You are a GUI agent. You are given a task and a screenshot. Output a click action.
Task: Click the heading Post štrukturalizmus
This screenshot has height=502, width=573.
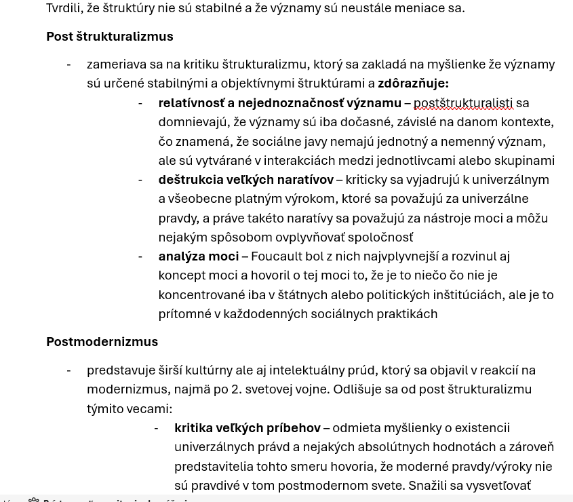click(x=109, y=36)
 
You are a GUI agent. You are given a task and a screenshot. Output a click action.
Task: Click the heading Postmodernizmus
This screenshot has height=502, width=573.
click(x=102, y=341)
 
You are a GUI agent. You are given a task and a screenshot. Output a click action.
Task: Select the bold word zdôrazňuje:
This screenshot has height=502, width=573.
click(x=413, y=83)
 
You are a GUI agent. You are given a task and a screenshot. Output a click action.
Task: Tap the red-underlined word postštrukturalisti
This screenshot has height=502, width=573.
click(x=462, y=103)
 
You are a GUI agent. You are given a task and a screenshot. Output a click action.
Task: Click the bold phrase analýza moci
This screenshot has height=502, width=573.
click(x=198, y=256)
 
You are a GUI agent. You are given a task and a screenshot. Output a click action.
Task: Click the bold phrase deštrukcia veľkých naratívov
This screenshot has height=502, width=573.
click(x=245, y=180)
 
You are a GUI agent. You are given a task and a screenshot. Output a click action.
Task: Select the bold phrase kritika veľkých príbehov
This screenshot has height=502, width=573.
click(x=247, y=428)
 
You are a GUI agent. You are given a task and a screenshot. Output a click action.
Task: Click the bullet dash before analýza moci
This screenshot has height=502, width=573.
click(x=140, y=256)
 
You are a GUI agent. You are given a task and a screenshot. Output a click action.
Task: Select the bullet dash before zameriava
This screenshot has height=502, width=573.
click(x=68, y=64)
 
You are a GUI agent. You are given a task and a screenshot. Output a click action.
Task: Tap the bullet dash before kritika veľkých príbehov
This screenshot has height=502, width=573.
click(x=156, y=428)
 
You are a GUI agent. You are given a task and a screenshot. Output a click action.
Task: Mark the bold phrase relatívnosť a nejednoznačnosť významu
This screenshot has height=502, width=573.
click(x=279, y=103)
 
